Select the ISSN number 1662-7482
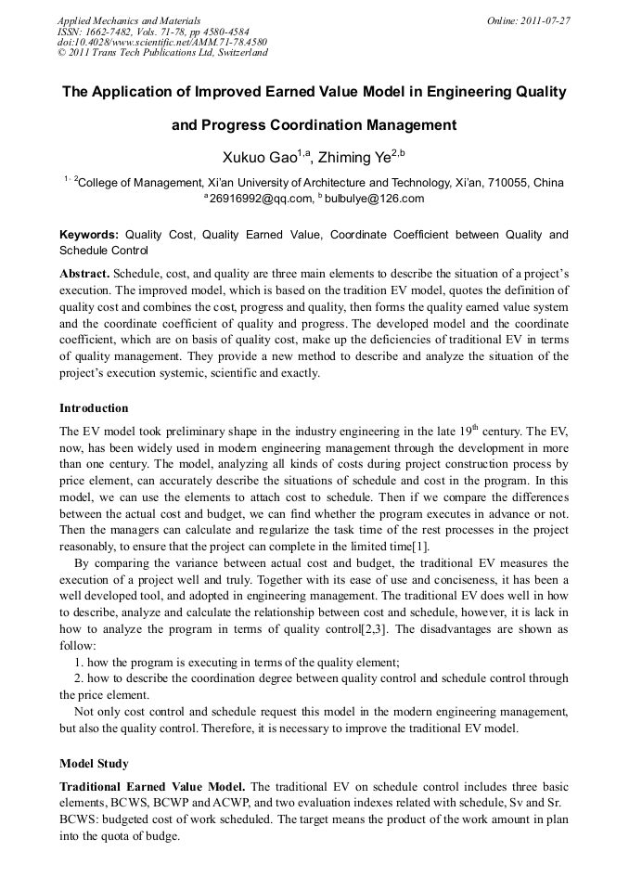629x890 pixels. tap(113, 31)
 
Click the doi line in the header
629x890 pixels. tap(161, 42)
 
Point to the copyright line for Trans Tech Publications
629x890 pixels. tap(162, 53)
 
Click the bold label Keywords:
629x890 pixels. tap(89, 236)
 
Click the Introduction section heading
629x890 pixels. tap(94, 408)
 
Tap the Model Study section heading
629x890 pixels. tap(94, 764)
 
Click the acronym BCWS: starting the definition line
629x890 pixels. tap(81, 820)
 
